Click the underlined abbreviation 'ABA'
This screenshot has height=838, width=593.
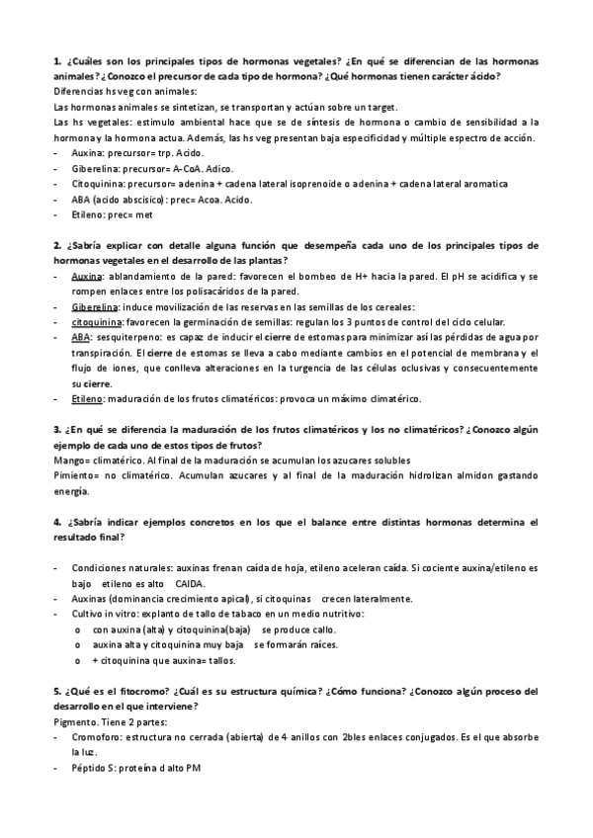(81, 337)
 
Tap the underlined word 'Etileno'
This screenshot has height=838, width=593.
(87, 398)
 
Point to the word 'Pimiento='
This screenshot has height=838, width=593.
(78, 475)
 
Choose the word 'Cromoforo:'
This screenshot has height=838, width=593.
(99, 737)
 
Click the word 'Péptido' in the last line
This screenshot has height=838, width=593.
(90, 768)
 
